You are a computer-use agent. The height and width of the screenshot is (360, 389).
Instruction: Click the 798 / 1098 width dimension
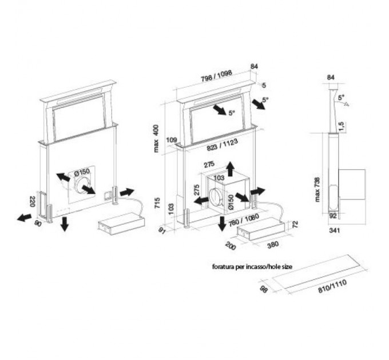(x=216, y=76)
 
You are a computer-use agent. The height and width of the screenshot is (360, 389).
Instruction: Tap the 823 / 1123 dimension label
(x=223, y=145)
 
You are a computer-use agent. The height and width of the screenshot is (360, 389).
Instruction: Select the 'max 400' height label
(x=156, y=138)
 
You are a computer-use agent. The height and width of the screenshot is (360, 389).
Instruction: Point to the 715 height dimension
(x=157, y=203)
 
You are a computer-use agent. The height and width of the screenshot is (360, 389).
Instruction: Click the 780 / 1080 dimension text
(x=244, y=220)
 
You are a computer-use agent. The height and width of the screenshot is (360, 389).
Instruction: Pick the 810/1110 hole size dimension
(x=332, y=286)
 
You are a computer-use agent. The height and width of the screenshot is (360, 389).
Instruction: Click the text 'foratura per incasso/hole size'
(x=252, y=267)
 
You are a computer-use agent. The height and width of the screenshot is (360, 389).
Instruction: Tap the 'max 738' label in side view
(x=317, y=190)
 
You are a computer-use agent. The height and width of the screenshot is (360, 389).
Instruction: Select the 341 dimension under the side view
(x=335, y=230)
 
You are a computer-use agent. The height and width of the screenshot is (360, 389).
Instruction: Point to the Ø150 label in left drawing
(x=82, y=172)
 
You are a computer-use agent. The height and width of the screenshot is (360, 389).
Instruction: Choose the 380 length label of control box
(x=273, y=245)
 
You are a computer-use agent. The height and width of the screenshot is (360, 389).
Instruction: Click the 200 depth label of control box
(x=231, y=246)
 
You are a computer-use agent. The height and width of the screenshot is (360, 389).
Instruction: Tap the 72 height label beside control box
(x=296, y=225)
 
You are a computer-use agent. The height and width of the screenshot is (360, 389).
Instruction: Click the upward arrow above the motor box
(x=231, y=169)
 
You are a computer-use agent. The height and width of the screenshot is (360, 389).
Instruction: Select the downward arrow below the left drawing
(x=65, y=224)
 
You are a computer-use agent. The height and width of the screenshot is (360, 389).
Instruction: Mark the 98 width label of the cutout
(x=264, y=289)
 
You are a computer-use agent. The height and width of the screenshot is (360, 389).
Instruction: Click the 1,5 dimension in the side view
(x=342, y=126)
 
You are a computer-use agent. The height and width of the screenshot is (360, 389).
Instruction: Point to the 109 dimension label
(x=172, y=140)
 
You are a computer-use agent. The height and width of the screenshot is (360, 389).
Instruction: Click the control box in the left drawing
(x=121, y=224)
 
